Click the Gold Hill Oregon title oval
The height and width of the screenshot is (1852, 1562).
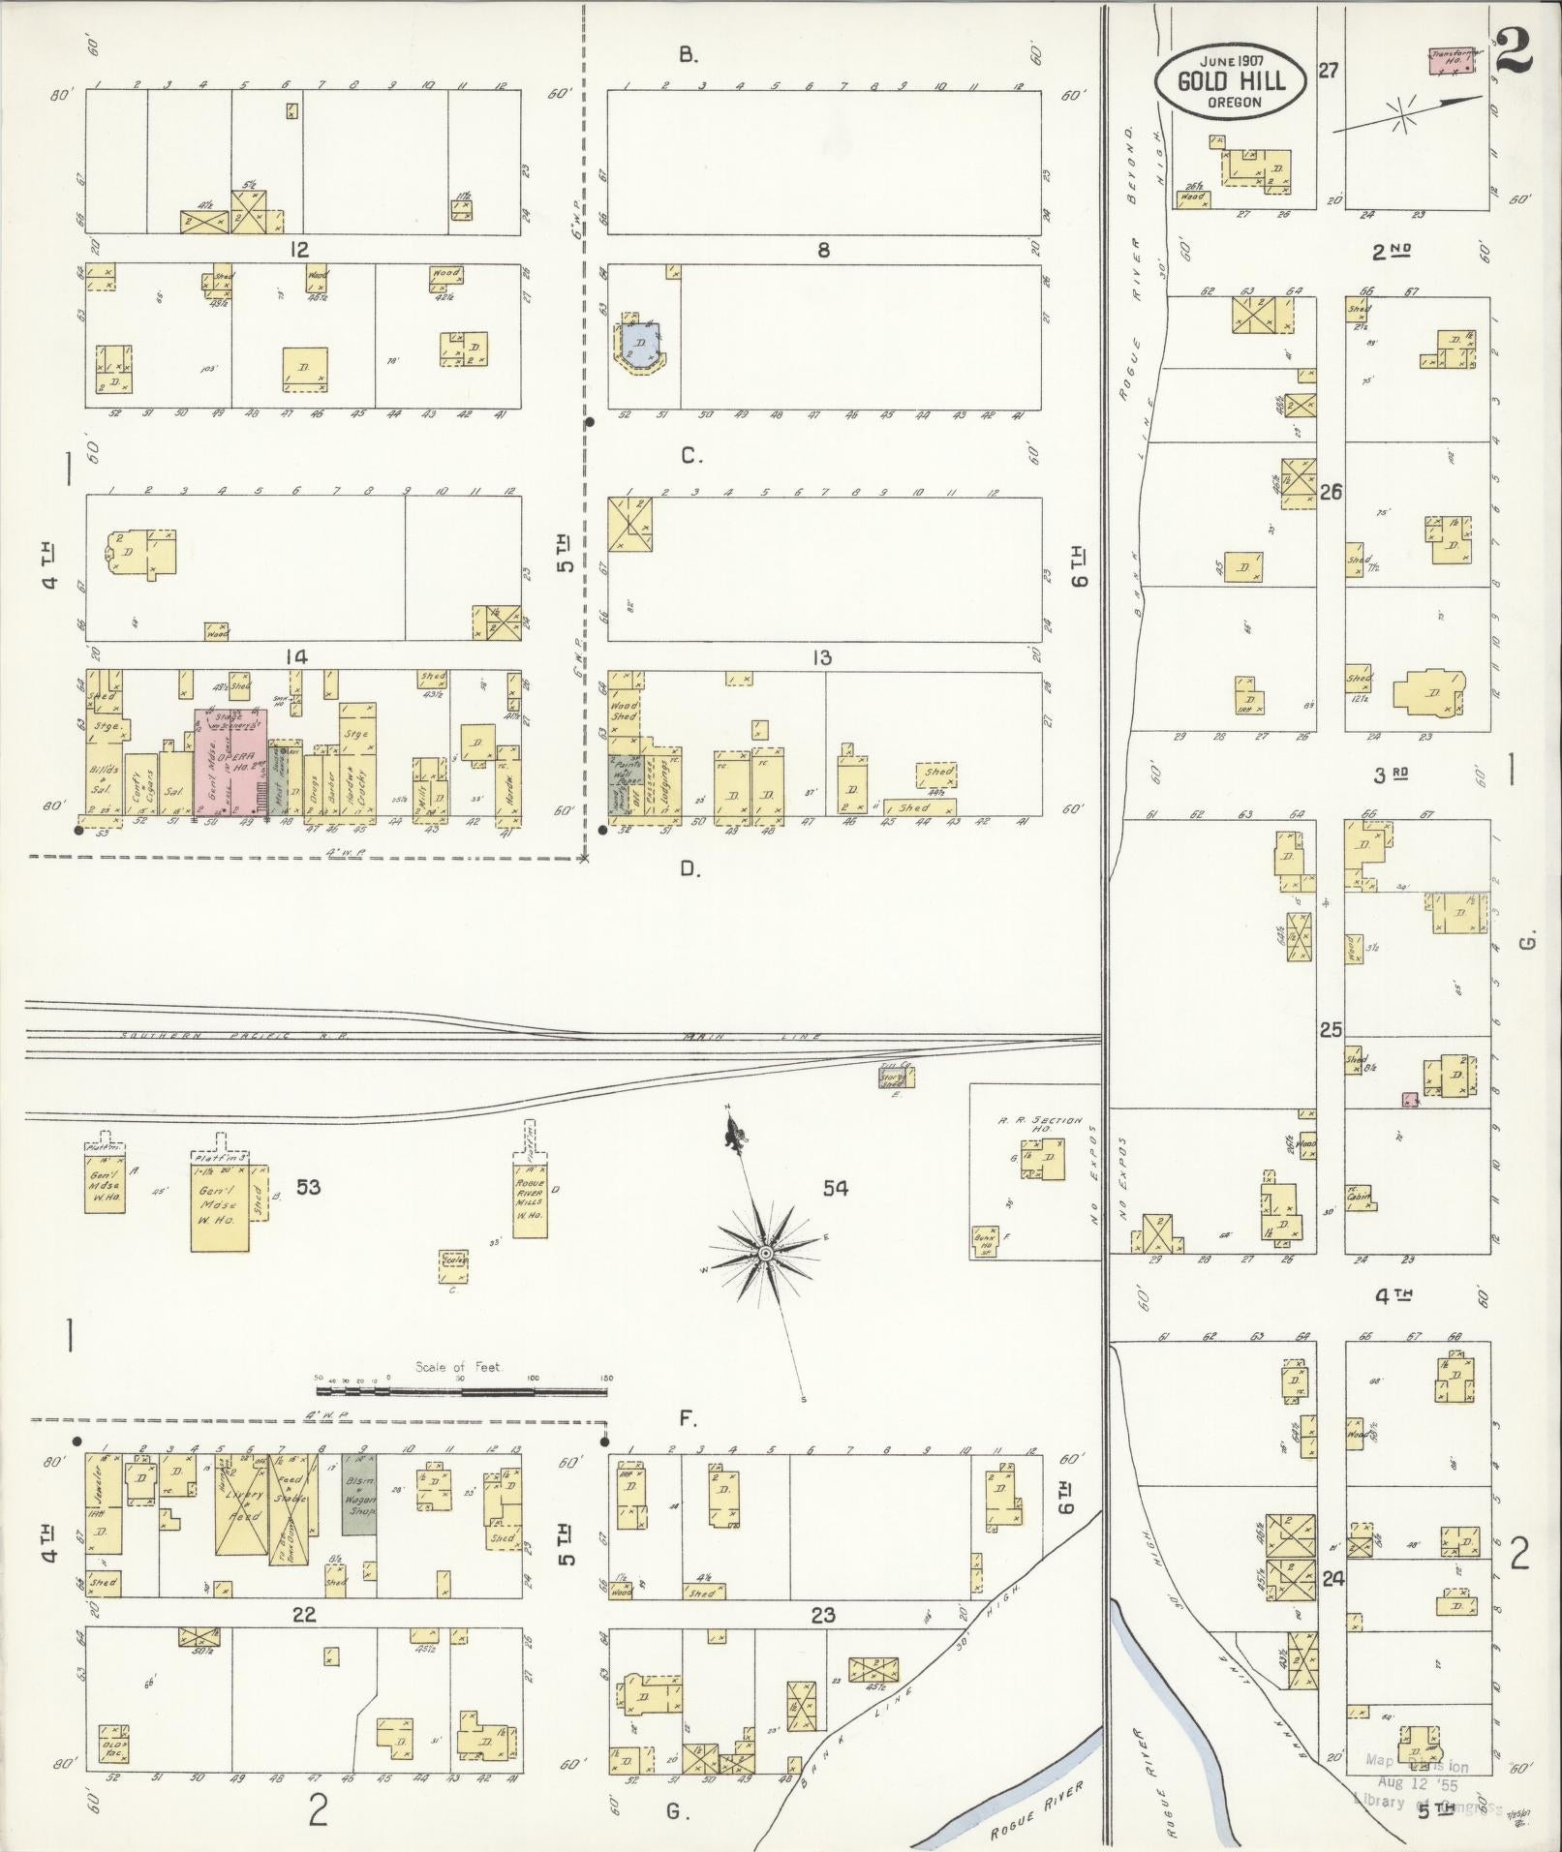pos(1230,81)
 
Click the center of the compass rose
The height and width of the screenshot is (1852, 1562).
pos(765,1254)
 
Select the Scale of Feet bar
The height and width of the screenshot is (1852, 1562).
pos(462,1391)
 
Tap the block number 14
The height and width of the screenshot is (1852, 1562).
pos(295,657)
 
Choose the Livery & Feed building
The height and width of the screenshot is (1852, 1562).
pos(241,1516)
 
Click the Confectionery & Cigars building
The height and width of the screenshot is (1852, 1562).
pos(140,789)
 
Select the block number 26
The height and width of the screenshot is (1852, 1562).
pos(1331,492)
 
